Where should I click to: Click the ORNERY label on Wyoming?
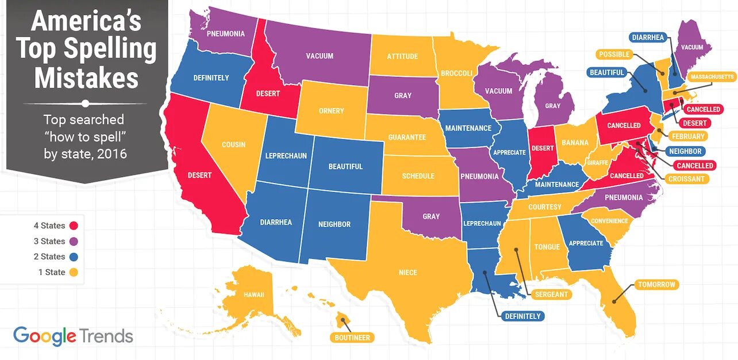(331, 110)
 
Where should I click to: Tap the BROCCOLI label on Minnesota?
(456, 74)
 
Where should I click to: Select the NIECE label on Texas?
(408, 272)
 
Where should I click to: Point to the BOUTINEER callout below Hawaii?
(352, 338)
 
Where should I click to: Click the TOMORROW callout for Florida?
(656, 285)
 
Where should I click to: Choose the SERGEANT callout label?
(551, 294)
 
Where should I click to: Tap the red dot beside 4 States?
(74, 226)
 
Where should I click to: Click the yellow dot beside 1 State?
(74, 272)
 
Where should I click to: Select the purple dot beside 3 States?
(74, 242)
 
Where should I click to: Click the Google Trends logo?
(73, 336)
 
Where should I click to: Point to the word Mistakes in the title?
(86, 78)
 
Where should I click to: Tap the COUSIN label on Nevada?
(233, 144)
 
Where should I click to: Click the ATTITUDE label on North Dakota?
(402, 56)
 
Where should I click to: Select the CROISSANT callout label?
(686, 179)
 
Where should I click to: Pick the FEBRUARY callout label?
(687, 136)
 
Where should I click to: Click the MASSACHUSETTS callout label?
(712, 76)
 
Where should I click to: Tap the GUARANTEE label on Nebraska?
(407, 137)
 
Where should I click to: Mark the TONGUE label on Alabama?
(547, 247)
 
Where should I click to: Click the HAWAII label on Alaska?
(253, 295)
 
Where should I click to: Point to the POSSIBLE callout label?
(614, 55)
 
